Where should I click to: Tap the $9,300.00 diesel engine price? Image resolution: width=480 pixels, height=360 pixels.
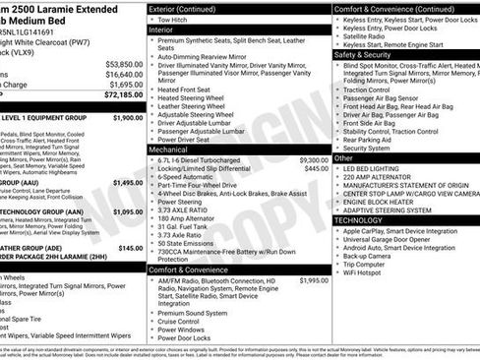(314, 159)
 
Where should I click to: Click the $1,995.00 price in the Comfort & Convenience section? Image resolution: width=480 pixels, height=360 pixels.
(314, 279)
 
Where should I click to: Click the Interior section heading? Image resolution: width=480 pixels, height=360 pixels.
(161, 30)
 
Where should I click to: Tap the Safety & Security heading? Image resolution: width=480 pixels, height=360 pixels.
(362, 55)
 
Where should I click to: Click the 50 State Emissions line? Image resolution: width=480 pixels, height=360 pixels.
(192, 243)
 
